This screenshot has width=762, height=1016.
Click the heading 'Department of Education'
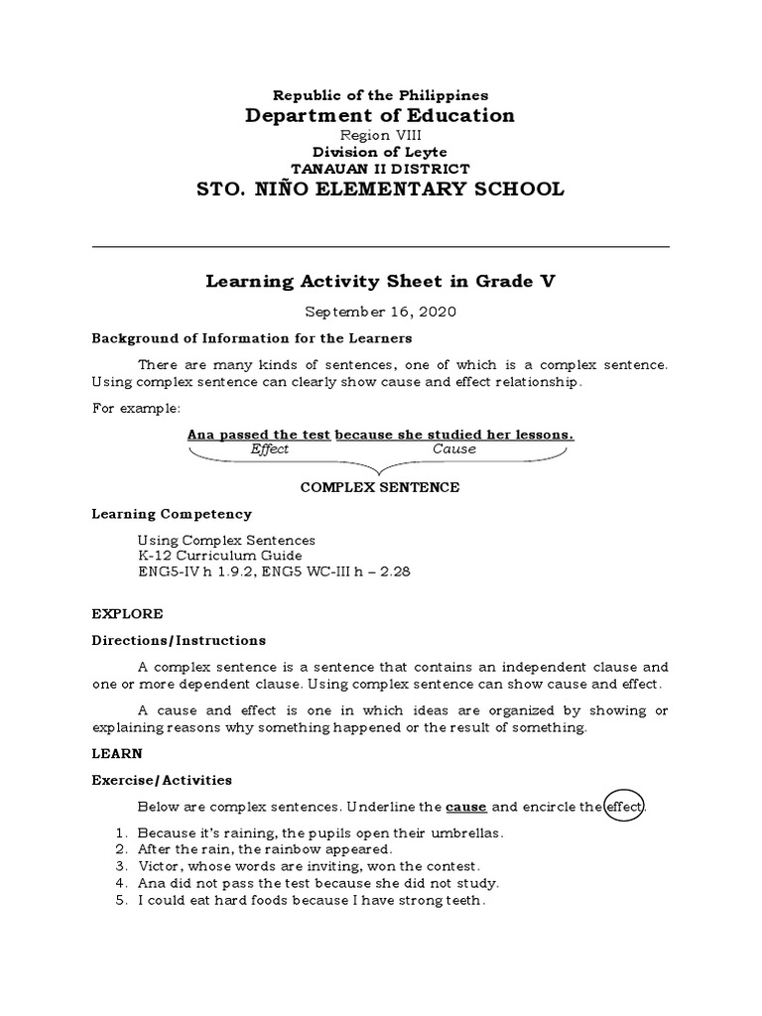(x=381, y=116)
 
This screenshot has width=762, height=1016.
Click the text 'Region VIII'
(x=381, y=136)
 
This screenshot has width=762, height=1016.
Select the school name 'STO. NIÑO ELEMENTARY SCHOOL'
(x=381, y=189)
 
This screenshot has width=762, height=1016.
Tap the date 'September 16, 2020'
(x=381, y=312)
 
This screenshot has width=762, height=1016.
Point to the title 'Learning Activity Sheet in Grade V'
(x=381, y=282)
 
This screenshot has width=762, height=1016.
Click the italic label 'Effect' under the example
(x=270, y=449)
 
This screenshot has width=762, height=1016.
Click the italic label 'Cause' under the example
(x=453, y=449)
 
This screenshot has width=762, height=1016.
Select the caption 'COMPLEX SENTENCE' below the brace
(x=381, y=487)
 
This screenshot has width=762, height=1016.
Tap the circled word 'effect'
(x=625, y=808)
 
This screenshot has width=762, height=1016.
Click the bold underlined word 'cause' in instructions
(x=466, y=808)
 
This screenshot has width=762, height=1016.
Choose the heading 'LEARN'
(x=118, y=754)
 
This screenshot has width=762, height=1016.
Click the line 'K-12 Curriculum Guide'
(x=219, y=556)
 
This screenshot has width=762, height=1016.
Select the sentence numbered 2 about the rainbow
(x=265, y=849)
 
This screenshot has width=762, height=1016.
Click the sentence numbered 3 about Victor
(x=309, y=866)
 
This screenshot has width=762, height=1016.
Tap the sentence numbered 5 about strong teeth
(x=311, y=901)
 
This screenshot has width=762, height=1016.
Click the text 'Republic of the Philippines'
(x=381, y=95)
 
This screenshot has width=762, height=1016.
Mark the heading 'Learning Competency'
(x=172, y=514)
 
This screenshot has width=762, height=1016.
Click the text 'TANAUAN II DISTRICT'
(x=381, y=169)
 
